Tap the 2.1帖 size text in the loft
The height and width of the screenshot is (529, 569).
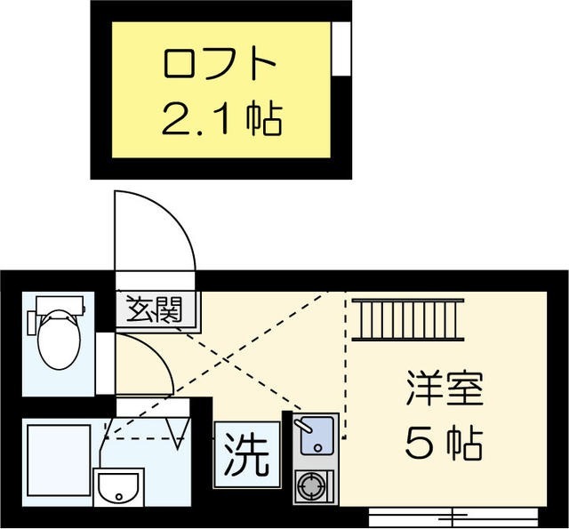point(221,118)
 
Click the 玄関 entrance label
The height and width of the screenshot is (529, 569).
point(154,310)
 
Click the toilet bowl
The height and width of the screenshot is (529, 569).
point(59,339)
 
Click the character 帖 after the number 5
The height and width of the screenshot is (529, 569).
point(465,442)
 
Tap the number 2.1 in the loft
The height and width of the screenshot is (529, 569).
point(198,118)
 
